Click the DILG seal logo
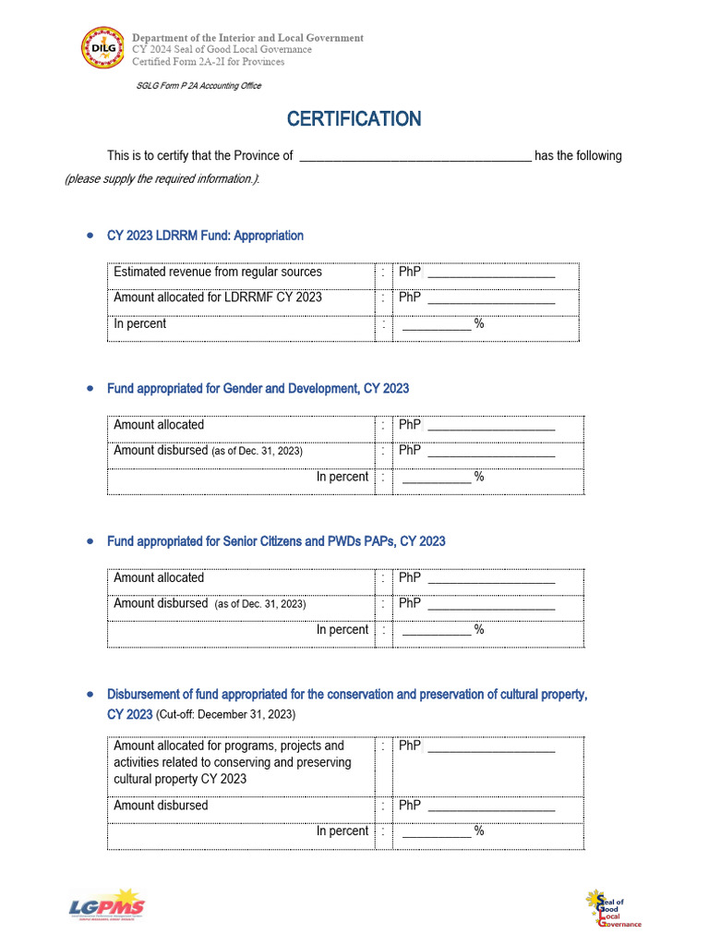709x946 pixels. coord(102,50)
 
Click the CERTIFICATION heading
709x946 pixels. coord(354,119)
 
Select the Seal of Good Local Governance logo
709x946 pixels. coord(612,908)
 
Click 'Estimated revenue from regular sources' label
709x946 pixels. coord(218,273)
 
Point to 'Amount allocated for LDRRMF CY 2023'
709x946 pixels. coord(218,297)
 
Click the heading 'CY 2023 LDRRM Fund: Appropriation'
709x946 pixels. coord(205,236)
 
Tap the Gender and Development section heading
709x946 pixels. coord(258,389)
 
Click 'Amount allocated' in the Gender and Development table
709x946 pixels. coord(159,425)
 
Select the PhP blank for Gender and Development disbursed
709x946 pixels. coord(491,453)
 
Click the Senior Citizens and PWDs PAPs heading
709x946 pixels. coord(276,541)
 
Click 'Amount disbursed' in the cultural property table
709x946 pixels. coord(161,806)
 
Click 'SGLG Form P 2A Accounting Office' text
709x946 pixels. coord(198,86)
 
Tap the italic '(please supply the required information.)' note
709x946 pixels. coord(162,179)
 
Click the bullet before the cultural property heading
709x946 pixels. coord(89,694)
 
